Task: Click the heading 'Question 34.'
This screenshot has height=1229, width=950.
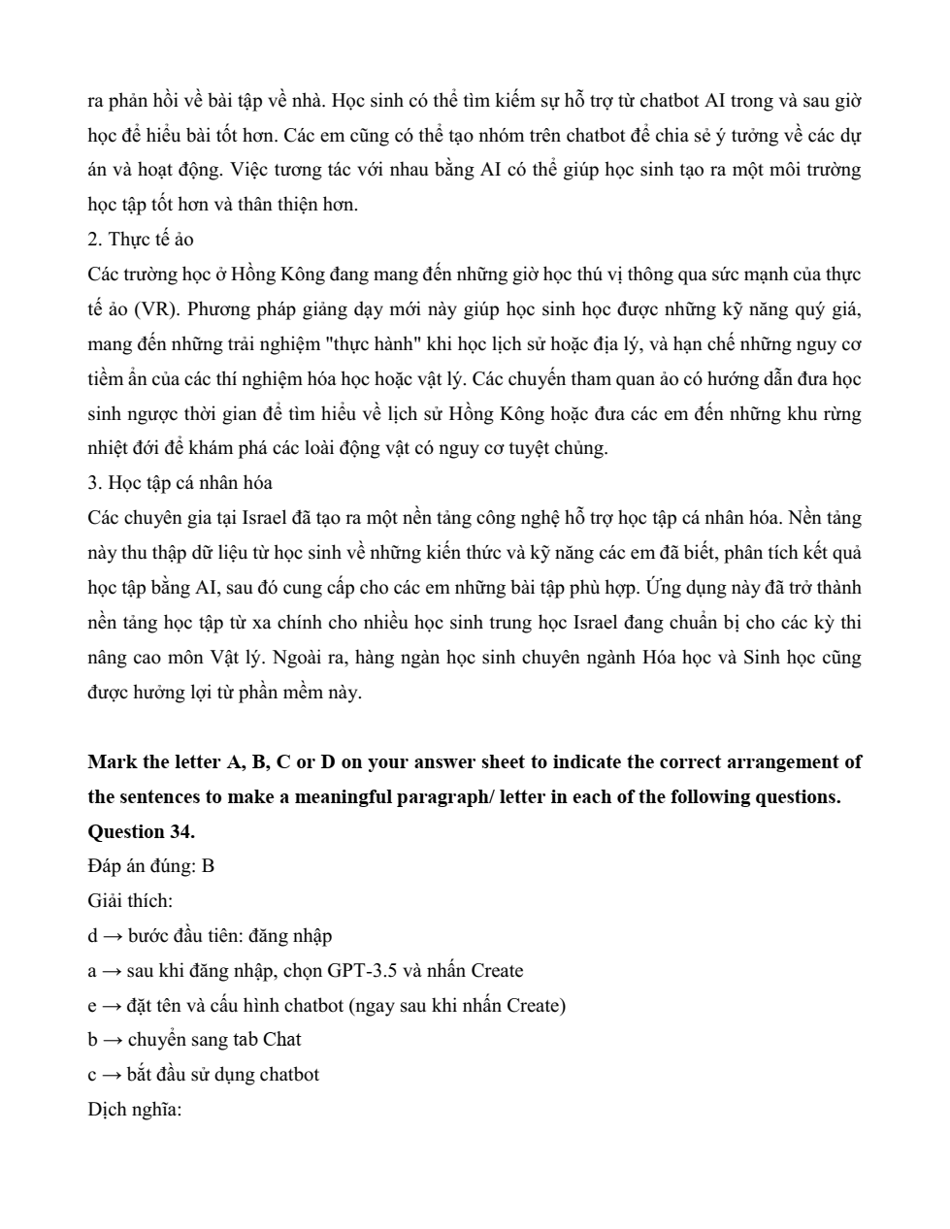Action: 141,831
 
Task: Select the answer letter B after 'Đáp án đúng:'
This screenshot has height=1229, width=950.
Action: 208,866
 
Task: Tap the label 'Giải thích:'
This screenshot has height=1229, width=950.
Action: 130,901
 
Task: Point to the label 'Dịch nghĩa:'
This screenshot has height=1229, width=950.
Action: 134,1109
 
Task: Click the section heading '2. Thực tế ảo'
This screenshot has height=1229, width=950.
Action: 140,240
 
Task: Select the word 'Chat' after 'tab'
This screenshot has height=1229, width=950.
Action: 281,1040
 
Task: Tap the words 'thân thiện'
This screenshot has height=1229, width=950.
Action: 292,205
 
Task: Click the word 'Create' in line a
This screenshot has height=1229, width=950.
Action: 497,970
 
